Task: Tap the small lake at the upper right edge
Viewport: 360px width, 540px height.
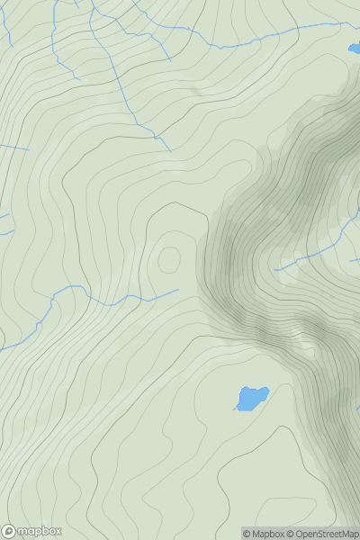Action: click(x=354, y=49)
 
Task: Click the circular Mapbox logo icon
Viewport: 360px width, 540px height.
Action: click(x=9, y=531)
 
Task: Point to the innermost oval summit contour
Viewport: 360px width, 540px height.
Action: click(x=168, y=260)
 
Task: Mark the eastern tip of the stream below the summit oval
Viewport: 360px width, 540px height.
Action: click(x=177, y=290)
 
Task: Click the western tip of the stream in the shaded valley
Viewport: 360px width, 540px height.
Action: click(x=275, y=269)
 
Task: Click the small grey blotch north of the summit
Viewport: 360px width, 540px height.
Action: click(x=193, y=90)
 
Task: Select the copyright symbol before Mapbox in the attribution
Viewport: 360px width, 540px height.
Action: click(x=246, y=534)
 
